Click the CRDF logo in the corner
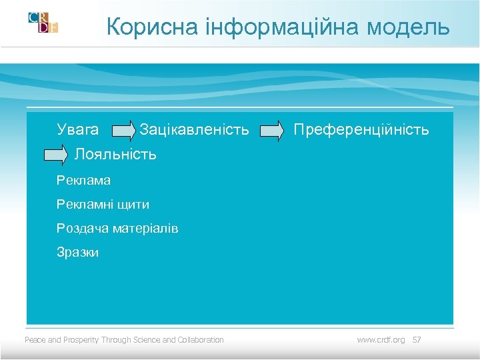click(43, 23)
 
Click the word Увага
click(78, 129)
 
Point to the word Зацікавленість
click(194, 129)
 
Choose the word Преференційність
click(361, 129)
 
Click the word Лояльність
click(115, 155)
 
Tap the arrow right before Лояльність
click(56, 155)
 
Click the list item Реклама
click(83, 180)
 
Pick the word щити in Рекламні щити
click(134, 205)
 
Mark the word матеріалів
click(145, 229)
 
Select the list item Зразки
click(77, 253)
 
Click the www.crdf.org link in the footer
click(381, 340)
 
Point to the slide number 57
click(417, 340)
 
